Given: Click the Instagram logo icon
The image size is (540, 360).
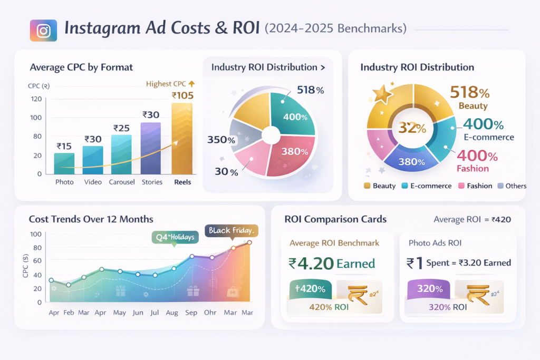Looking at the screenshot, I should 44,30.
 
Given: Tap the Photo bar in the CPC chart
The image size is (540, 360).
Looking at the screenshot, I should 64,163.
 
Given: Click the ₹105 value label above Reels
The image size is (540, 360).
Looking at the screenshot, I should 182,95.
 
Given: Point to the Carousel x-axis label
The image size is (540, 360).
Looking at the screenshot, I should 122,182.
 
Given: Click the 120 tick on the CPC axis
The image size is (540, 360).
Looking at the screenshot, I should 36,99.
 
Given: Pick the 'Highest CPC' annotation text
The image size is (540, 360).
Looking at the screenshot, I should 166,83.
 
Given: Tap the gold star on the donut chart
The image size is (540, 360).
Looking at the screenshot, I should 382,95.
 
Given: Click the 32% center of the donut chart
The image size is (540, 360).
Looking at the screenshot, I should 412,128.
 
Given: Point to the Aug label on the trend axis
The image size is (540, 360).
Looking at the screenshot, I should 171,313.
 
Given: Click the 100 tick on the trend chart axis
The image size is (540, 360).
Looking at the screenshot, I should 36,234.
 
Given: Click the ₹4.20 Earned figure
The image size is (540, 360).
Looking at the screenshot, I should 332,263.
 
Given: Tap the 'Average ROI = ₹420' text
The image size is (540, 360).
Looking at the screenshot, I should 471,219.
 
